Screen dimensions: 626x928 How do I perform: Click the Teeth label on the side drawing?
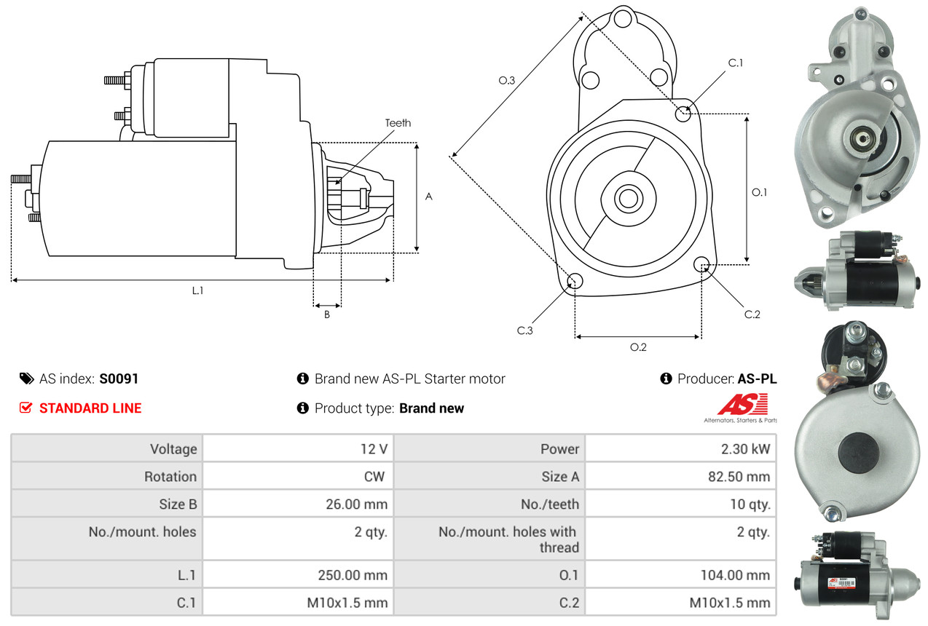(398, 123)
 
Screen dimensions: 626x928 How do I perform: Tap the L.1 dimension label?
(197, 290)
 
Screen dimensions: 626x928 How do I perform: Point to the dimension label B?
(327, 314)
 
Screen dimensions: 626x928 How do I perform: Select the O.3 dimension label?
(507, 81)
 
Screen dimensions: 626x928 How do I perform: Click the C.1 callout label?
(736, 63)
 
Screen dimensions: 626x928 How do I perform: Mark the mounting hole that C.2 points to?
(702, 264)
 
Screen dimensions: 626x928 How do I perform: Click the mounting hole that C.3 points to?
(575, 281)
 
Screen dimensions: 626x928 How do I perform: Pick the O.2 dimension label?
(638, 347)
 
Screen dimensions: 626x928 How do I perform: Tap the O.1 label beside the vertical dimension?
(759, 192)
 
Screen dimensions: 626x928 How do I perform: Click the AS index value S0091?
(119, 379)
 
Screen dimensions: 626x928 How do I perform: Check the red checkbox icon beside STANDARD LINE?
(26, 408)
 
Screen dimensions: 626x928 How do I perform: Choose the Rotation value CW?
(376, 477)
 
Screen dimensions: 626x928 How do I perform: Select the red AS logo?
(743, 404)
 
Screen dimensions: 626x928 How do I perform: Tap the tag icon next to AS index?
(26, 379)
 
